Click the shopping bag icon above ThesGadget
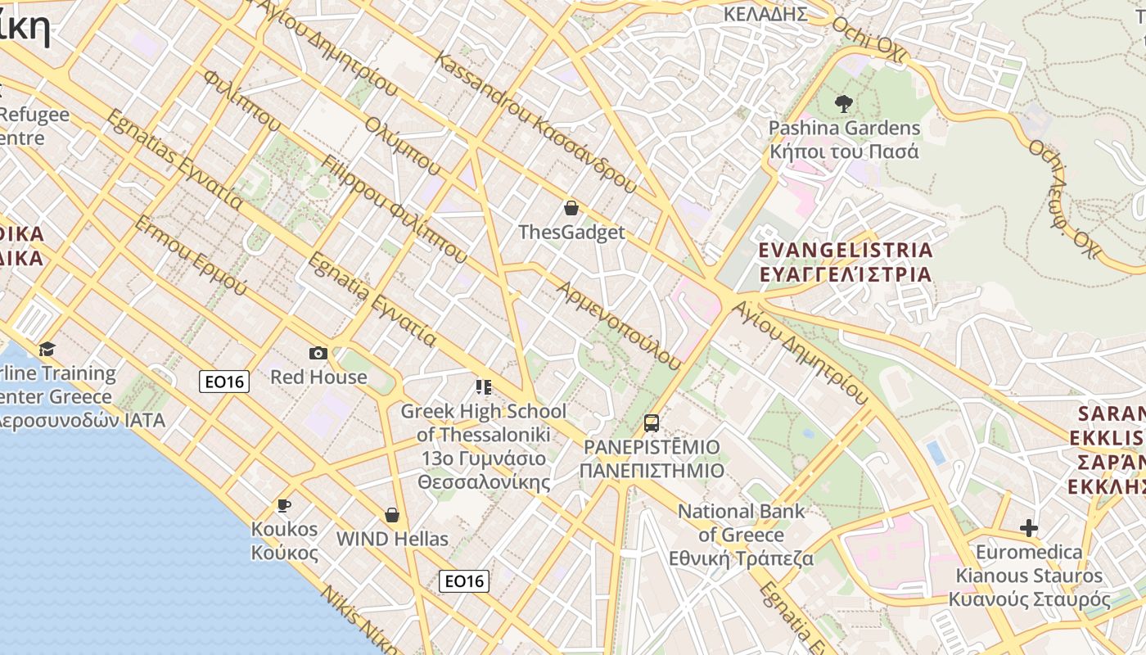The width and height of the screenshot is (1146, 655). (571, 208)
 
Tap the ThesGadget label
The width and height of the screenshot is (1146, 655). (571, 233)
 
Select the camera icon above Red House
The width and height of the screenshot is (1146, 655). (318, 353)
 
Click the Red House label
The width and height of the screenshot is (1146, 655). (318, 377)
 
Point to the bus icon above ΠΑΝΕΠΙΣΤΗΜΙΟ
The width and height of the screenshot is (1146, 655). (652, 423)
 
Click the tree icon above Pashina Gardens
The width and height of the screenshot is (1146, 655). (844, 104)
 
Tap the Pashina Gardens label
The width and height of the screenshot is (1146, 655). (844, 140)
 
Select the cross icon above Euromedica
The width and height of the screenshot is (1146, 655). (1029, 528)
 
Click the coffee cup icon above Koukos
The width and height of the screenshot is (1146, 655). (284, 505)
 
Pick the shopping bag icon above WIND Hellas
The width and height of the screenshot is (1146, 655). (392, 515)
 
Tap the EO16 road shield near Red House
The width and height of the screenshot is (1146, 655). (224, 381)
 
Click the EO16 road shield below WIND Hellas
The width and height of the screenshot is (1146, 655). (464, 581)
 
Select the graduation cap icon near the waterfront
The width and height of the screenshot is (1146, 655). (47, 350)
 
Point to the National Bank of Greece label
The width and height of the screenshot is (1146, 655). (741, 535)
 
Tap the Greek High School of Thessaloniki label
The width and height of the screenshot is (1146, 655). (484, 446)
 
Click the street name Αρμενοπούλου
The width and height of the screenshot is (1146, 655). (620, 325)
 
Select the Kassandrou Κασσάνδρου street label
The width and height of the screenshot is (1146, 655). (535, 122)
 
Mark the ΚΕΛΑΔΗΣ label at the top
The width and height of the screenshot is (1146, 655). (765, 14)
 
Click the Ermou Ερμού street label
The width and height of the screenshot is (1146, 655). (190, 256)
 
